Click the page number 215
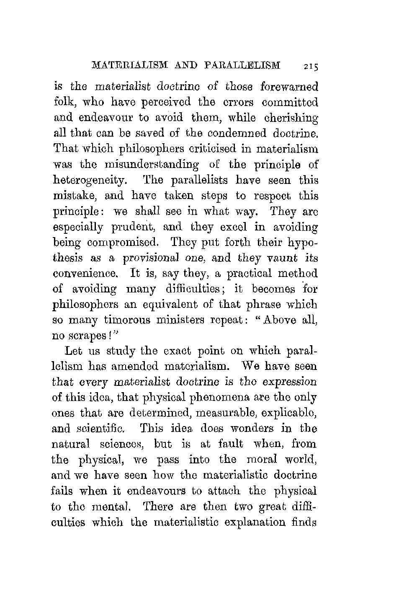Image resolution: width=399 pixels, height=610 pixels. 311,66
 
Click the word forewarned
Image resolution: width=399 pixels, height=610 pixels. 289,87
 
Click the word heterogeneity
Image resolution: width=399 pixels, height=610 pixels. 90,181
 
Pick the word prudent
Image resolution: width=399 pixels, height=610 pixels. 131,227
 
